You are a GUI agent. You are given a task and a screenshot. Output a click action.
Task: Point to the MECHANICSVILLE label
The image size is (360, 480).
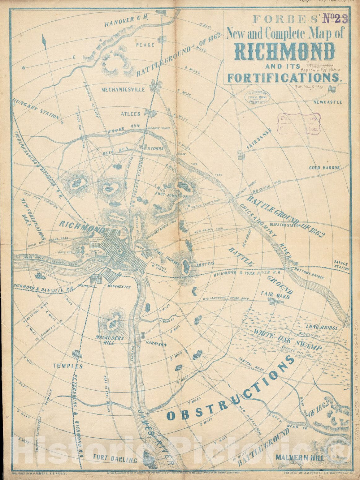pyautogui.click(x=123, y=90)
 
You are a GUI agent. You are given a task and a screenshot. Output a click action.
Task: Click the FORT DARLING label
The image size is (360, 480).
pyautogui.click(x=115, y=460)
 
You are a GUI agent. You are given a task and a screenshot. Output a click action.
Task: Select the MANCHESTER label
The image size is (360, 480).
pyautogui.click(x=119, y=287)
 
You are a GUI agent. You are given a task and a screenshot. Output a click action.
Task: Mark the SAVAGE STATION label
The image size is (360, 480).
pyautogui.click(x=341, y=266)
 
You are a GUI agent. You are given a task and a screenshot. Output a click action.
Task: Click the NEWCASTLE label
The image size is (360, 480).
pyautogui.click(x=327, y=102)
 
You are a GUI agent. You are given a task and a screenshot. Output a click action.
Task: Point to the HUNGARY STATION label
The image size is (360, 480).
pyautogui.click(x=36, y=109)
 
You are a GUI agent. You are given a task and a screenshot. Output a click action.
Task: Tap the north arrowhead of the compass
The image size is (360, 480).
pyautogui.click(x=44, y=41)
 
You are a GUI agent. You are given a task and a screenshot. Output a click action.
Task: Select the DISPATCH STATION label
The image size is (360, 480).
pyautogui.click(x=285, y=225)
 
